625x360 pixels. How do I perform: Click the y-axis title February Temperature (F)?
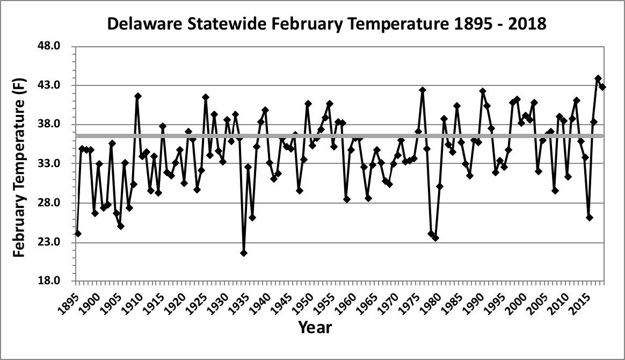[19, 163]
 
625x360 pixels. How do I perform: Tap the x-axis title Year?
[315, 327]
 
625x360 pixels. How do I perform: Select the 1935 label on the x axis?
[239, 295]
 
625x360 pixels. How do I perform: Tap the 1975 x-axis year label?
[409, 295]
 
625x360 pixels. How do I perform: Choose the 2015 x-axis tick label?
[579, 295]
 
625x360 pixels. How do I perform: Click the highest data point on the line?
[598, 78]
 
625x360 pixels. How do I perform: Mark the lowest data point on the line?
[244, 253]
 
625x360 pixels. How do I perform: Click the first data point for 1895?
[78, 233]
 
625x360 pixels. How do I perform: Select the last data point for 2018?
[602, 87]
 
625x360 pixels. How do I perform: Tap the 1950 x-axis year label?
[303, 295]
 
